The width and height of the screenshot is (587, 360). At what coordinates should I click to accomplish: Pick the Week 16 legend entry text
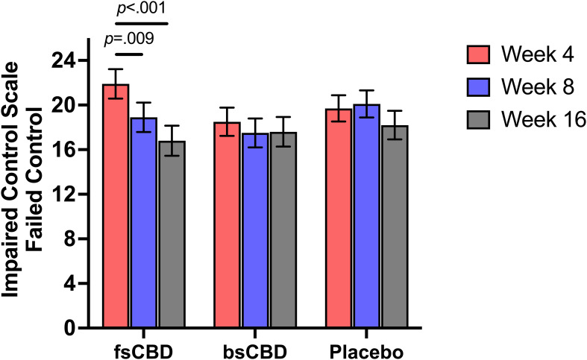click(532, 120)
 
